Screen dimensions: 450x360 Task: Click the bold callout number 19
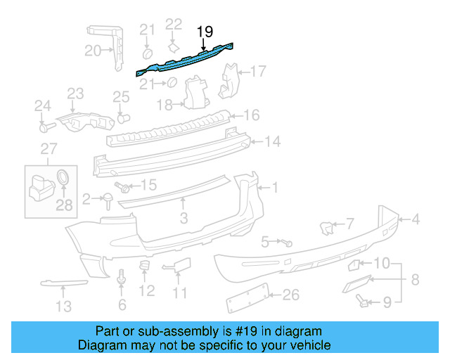pyautogui.click(x=205, y=31)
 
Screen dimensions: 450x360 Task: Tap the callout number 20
pyautogui.click(x=93, y=50)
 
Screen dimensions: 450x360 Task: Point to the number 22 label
pyautogui.click(x=173, y=25)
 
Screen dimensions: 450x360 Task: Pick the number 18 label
pyautogui.click(x=164, y=105)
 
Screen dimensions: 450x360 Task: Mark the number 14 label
pyautogui.click(x=272, y=141)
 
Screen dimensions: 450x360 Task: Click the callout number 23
pyautogui.click(x=75, y=94)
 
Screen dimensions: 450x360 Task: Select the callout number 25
pyautogui.click(x=122, y=96)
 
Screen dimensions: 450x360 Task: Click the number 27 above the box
pyautogui.click(x=48, y=148)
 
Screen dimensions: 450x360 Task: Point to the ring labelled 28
pyautogui.click(x=63, y=177)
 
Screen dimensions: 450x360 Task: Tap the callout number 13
pyautogui.click(x=64, y=306)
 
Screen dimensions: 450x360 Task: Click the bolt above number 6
pyautogui.click(x=122, y=278)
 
